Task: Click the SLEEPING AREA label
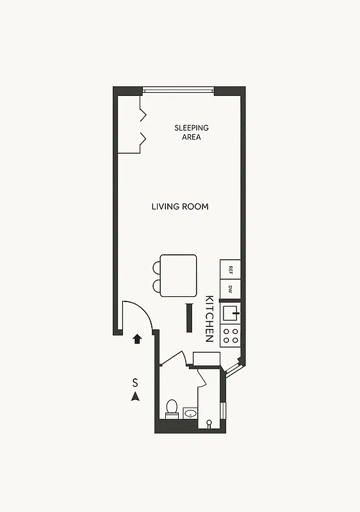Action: coord(192,132)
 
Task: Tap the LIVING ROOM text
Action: coord(180,207)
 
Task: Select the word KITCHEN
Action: coord(209,319)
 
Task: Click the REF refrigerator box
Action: coord(231,269)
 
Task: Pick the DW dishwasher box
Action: coord(231,290)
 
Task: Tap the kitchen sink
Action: coord(230,313)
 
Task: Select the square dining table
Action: coord(178,275)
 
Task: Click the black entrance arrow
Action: coord(136,339)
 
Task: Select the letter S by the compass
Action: coord(135,383)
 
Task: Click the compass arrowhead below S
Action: coord(135,397)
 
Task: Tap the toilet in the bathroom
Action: coord(172,408)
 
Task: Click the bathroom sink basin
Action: coord(190,414)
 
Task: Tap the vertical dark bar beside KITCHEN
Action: coord(189,318)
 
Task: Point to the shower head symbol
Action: coord(209,424)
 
